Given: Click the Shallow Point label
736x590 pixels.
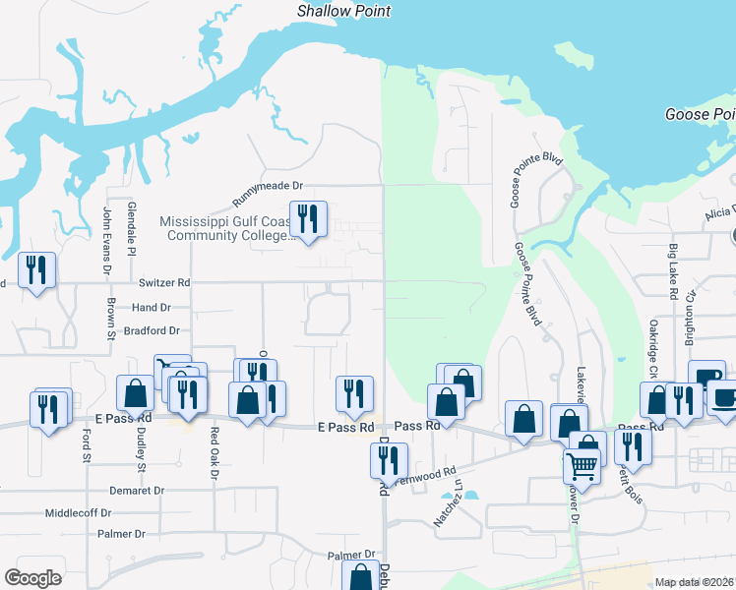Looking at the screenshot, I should click(344, 11).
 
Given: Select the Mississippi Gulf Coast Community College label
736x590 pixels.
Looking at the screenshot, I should click(226, 229).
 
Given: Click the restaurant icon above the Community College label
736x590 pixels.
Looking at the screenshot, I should click(308, 219).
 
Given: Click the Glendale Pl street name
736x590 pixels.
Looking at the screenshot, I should click(131, 225).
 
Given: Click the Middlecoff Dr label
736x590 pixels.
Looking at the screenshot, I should click(80, 513).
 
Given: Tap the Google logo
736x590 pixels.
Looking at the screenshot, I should click(33, 578).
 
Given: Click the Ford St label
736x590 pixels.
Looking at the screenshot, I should click(87, 444).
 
